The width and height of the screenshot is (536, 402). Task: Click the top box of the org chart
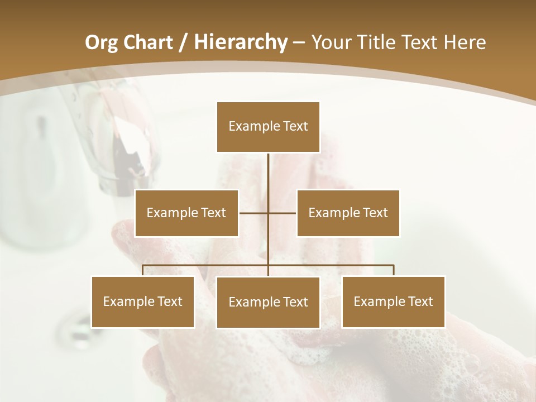[268, 127]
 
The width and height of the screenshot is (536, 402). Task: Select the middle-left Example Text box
[186, 213]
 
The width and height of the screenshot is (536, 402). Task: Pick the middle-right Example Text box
[348, 213]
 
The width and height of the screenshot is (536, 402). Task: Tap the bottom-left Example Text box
[143, 301]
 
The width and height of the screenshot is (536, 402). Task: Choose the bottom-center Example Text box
[268, 302]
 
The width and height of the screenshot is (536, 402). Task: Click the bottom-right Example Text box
[393, 301]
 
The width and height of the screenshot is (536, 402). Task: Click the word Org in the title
[101, 42]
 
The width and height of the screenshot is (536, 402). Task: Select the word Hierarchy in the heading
[240, 42]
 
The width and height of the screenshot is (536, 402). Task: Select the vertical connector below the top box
[268, 173]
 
